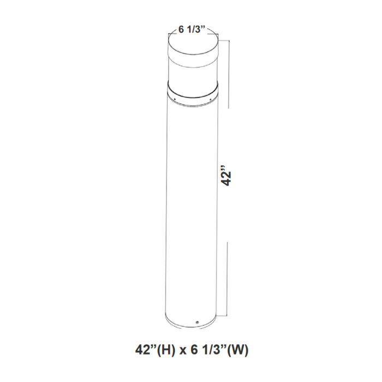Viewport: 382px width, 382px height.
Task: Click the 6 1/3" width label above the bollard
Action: [x=191, y=30]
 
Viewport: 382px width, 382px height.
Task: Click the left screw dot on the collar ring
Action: [x=175, y=99]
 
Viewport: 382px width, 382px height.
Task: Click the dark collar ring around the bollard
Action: [x=194, y=95]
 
